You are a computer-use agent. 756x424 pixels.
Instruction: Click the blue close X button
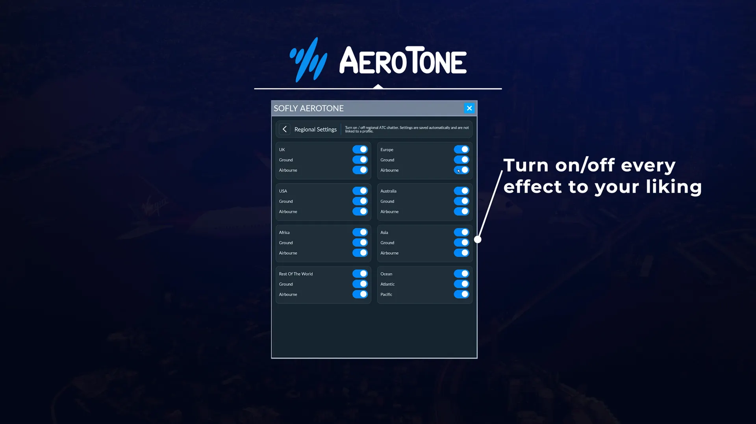tap(469, 108)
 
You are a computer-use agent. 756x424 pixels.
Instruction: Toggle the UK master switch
tap(360, 150)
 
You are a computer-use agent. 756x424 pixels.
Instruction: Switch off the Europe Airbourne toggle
tap(461, 170)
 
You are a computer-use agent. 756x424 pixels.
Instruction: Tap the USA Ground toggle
tap(360, 201)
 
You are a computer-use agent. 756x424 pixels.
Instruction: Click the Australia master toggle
tap(461, 191)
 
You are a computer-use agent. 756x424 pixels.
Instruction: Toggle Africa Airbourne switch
tap(360, 253)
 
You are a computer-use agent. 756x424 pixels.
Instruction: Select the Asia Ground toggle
tap(461, 243)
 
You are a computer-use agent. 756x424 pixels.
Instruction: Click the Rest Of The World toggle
tap(360, 274)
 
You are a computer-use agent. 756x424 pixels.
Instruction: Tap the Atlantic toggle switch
tap(461, 284)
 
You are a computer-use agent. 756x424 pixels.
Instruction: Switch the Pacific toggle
tap(461, 294)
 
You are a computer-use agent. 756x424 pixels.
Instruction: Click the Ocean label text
tap(386, 274)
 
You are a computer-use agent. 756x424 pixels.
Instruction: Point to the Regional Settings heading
tap(315, 130)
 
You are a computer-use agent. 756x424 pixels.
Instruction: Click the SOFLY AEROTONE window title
tap(309, 108)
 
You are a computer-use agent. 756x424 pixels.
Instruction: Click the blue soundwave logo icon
tap(309, 60)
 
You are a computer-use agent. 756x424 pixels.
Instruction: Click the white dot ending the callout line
tap(478, 239)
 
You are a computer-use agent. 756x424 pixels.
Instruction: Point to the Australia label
tap(388, 191)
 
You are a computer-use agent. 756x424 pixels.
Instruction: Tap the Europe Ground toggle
tap(461, 160)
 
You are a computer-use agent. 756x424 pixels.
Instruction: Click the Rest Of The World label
tap(296, 274)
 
